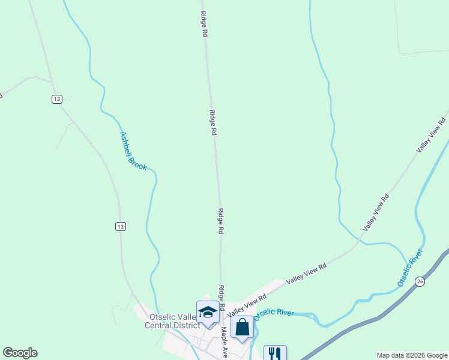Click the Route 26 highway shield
[421, 281]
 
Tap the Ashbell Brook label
[133, 151]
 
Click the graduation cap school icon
[208, 312]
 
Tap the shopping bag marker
[242, 327]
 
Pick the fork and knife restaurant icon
[275, 352]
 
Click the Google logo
[20, 353]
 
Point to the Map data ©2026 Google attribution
[412, 355]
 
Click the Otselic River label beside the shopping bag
[274, 314]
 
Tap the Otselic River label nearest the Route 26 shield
[411, 268]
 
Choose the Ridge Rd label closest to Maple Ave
[221, 298]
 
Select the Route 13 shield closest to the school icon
[121, 226]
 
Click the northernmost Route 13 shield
[56, 99]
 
